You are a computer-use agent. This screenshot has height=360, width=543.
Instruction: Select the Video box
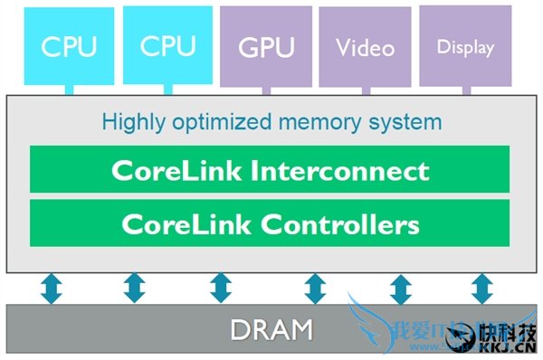(367, 46)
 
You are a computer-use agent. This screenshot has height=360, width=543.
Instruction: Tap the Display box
(465, 46)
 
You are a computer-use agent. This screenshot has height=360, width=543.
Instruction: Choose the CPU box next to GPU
(168, 45)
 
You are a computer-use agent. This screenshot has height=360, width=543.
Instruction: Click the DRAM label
(271, 330)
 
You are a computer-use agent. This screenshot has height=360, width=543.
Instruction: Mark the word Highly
(130, 121)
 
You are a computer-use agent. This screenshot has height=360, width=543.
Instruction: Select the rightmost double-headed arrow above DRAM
(481, 289)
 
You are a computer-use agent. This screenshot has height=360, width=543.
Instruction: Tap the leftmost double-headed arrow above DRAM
(52, 289)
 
